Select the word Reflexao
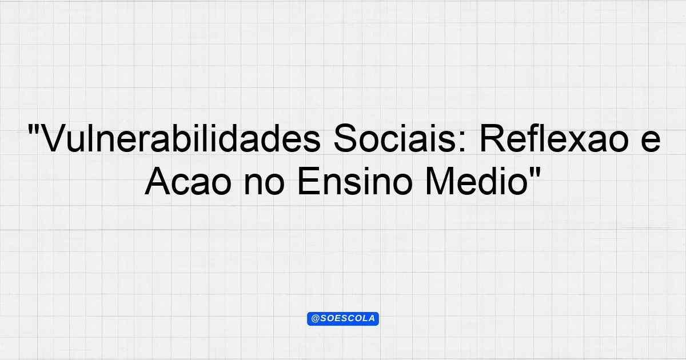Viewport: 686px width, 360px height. coord(555,138)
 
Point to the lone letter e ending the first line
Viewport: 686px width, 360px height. coord(651,142)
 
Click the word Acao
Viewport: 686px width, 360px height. coord(188,181)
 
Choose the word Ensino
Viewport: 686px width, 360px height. coord(354,181)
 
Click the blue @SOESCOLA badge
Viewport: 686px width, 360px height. coord(343,319)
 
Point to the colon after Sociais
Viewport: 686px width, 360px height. coord(463,142)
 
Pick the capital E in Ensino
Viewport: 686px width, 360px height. coord(309,181)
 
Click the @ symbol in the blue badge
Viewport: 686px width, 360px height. coord(316,319)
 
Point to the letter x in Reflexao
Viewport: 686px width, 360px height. coord(576,142)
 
